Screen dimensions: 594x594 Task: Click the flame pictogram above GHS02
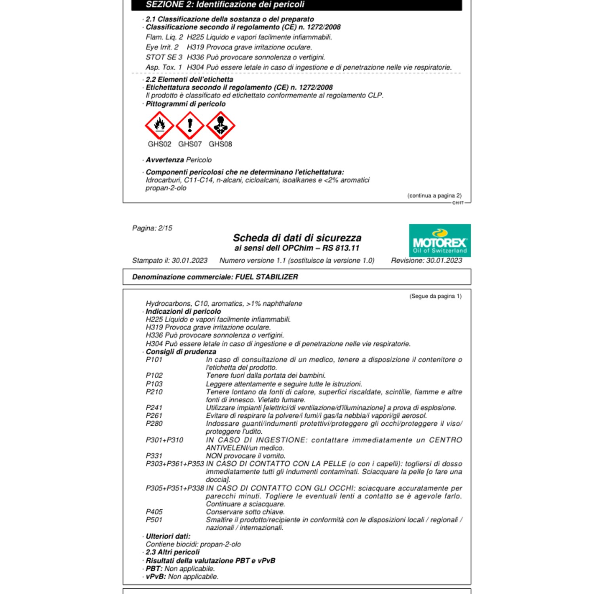160,125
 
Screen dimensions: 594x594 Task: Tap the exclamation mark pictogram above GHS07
190,125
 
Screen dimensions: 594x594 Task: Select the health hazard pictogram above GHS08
221,125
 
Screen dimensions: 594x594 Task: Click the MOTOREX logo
440,240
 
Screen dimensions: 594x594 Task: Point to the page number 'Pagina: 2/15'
152,228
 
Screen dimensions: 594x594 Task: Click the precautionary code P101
154,360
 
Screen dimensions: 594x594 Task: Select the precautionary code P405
154,512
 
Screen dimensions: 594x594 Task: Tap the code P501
154,520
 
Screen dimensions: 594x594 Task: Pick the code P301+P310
164,440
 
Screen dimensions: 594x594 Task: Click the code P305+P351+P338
175,488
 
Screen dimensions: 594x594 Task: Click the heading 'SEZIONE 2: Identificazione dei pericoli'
225,5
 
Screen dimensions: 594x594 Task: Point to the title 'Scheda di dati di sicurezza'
297,238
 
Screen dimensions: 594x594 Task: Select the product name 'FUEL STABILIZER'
267,277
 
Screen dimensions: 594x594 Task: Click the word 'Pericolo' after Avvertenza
199,160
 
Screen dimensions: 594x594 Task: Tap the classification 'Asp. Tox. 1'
164,67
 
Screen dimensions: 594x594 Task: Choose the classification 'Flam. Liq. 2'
164,37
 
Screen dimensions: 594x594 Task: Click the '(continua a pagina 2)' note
434,196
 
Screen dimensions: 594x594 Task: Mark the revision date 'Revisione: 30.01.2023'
426,261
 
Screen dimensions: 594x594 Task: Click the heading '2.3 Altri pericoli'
173,552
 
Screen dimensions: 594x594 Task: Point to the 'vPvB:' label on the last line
156,577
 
